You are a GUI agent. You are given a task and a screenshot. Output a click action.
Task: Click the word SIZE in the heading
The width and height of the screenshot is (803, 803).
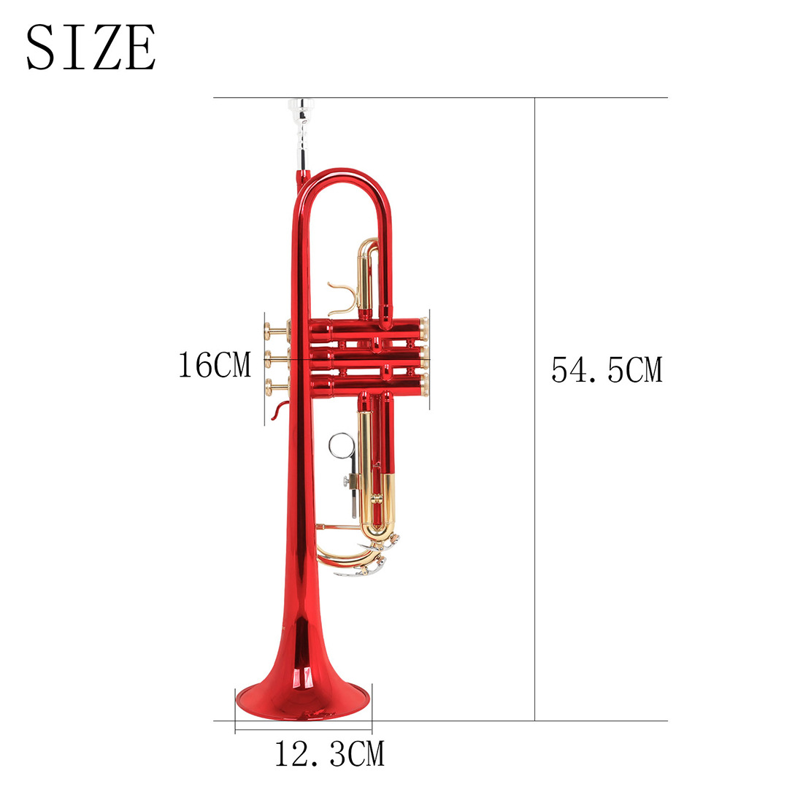click(x=91, y=47)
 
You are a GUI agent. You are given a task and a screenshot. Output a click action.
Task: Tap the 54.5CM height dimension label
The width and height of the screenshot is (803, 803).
click(x=607, y=370)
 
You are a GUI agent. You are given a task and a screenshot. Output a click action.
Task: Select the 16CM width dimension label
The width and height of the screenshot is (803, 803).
click(x=215, y=365)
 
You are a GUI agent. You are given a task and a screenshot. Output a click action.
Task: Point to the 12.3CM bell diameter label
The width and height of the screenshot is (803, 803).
click(x=329, y=754)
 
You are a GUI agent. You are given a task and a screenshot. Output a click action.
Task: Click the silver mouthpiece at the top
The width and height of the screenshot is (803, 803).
click(x=301, y=133)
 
